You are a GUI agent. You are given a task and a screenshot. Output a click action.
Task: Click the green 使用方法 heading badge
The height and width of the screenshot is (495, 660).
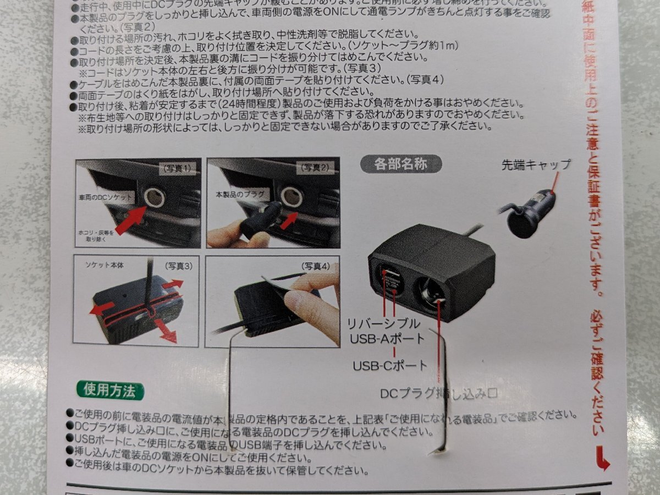[x=109, y=391]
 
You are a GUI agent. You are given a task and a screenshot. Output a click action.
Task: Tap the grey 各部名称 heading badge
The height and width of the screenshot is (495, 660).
[x=400, y=163]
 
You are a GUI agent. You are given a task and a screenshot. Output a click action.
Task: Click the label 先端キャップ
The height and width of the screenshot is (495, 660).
[x=536, y=164]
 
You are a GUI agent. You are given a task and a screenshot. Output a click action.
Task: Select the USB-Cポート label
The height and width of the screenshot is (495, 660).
[x=390, y=365]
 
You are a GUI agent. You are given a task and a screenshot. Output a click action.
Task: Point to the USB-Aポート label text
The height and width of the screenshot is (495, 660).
[x=387, y=338]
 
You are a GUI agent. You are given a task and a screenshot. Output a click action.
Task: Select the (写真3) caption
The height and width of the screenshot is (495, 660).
[x=180, y=266]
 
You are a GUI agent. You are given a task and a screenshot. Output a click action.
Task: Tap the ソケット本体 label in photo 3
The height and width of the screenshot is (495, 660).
[x=105, y=265]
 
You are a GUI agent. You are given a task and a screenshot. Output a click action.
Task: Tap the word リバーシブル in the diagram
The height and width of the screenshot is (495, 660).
[x=383, y=323]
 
